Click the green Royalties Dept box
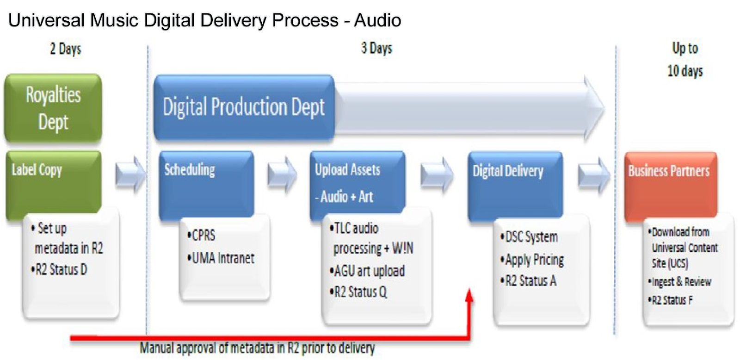[53, 108]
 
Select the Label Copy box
[53, 183]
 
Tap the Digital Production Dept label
[244, 107]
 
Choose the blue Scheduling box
[206, 183]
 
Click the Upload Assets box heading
[348, 170]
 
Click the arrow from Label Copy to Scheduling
[130, 174]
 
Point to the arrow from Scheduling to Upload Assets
[282, 174]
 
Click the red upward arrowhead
[469, 296]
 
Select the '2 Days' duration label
[66, 49]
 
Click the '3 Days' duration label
[376, 48]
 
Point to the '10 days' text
[685, 71]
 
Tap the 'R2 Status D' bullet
[59, 269]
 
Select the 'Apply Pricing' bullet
[532, 260]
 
